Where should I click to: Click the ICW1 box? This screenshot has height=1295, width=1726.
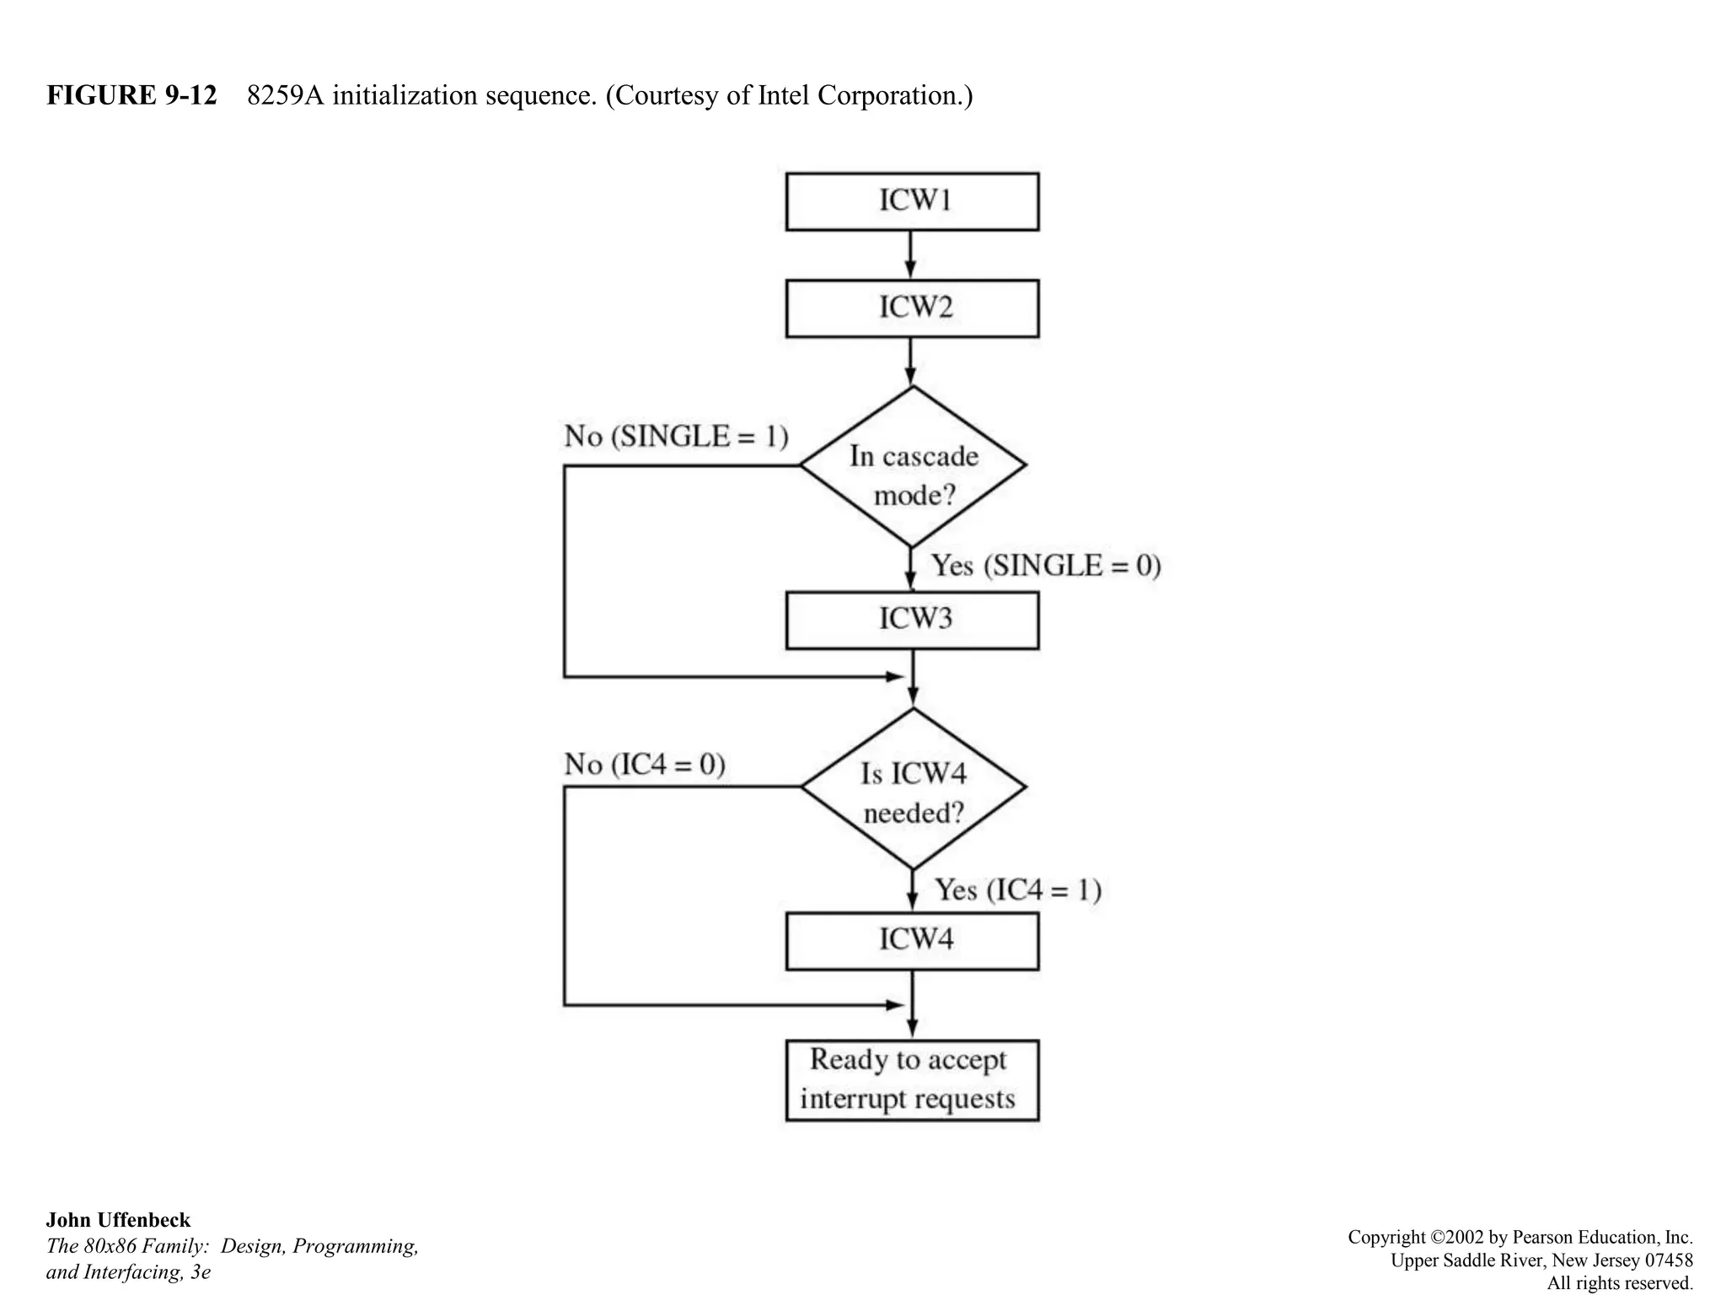click(912, 202)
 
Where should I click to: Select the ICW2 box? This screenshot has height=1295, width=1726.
click(912, 309)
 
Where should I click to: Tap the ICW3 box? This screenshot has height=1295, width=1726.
click(912, 620)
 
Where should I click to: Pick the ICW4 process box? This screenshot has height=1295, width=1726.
click(912, 941)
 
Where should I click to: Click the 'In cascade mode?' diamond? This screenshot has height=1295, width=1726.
click(912, 466)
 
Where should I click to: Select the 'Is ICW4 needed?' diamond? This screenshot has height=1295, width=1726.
click(912, 788)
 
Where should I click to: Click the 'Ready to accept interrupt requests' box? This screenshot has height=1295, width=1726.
click(912, 1080)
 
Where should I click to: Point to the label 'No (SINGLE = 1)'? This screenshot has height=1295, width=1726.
click(676, 437)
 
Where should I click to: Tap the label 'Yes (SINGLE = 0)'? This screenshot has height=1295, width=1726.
click(1046, 566)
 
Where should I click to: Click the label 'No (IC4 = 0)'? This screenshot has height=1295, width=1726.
click(645, 765)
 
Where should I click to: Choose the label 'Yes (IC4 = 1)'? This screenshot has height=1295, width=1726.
click(1018, 890)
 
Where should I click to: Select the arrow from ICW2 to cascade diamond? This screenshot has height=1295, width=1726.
click(910, 362)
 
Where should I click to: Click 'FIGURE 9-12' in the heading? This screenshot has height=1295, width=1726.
click(131, 95)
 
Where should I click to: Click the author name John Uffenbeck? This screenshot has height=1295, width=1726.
click(118, 1220)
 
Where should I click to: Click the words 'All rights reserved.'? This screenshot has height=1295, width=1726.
click(1619, 1282)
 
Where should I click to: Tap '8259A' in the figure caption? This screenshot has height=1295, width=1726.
click(285, 95)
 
